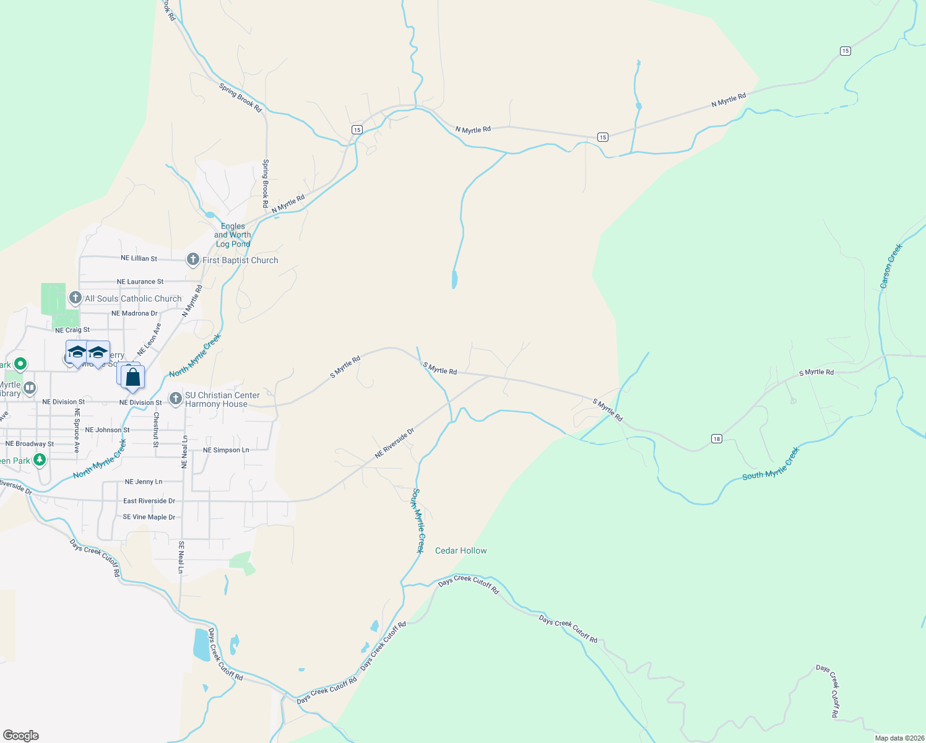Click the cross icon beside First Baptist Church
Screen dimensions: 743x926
(x=193, y=260)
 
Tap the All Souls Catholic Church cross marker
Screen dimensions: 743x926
(x=76, y=298)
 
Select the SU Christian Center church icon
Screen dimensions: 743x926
(x=176, y=399)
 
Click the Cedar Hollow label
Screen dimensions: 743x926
(x=461, y=550)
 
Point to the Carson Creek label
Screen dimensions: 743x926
(x=891, y=266)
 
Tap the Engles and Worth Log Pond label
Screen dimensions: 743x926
(x=233, y=235)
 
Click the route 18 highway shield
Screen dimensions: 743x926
(x=717, y=439)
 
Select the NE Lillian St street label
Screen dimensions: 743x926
(x=139, y=258)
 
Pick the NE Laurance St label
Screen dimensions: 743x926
(x=140, y=282)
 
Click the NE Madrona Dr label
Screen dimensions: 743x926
(x=134, y=313)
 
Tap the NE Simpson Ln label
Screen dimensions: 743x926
(x=226, y=450)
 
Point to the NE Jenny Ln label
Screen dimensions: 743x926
(x=144, y=482)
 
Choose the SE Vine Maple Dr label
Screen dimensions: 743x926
(x=149, y=517)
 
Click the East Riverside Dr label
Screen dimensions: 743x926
(x=149, y=501)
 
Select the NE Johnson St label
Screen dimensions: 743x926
(x=107, y=430)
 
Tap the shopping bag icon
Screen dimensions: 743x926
(x=132, y=376)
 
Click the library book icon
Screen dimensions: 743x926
(x=29, y=388)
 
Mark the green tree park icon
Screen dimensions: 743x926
(x=40, y=459)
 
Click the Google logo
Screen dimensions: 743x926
(x=21, y=736)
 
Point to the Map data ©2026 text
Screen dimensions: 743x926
(x=899, y=738)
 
